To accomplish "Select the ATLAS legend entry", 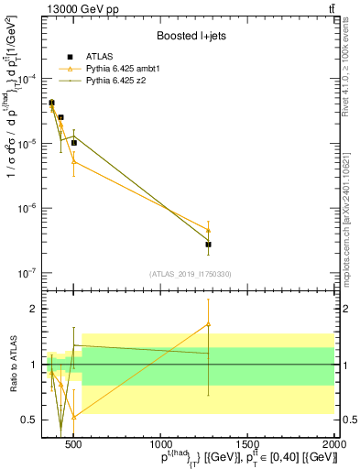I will point(99,56).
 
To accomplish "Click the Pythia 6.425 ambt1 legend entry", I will point(123,68).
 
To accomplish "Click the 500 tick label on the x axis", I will point(74,444).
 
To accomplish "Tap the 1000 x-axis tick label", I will point(161,444).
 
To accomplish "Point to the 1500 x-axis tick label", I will point(248,444).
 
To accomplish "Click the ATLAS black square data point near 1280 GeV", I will point(209,245).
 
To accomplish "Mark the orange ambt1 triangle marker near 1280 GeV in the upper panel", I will point(209,230).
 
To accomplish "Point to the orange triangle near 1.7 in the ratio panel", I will point(209,324).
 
